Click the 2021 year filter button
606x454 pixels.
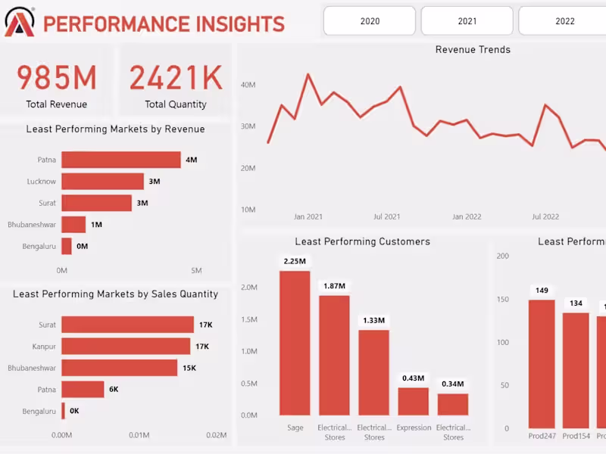click(x=467, y=21)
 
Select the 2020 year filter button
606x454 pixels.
click(x=370, y=21)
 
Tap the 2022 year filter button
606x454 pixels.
click(x=564, y=21)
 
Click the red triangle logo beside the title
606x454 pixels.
click(x=19, y=23)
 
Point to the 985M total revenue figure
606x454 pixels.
click(x=57, y=79)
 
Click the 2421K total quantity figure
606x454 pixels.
click(x=176, y=79)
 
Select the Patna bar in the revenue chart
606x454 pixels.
click(x=121, y=160)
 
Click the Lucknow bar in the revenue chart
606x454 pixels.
click(x=102, y=182)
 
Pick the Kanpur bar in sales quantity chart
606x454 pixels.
click(x=126, y=346)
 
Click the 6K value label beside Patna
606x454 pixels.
click(x=114, y=389)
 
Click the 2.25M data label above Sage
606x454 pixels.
click(x=295, y=262)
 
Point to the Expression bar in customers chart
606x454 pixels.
click(x=413, y=402)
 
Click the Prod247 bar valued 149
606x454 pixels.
click(x=542, y=364)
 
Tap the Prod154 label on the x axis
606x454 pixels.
click(x=576, y=436)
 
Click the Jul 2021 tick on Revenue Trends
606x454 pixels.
click(x=387, y=217)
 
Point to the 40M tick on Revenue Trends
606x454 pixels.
click(x=248, y=86)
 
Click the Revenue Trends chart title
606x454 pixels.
click(x=473, y=50)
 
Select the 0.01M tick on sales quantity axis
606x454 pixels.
click(x=139, y=435)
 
